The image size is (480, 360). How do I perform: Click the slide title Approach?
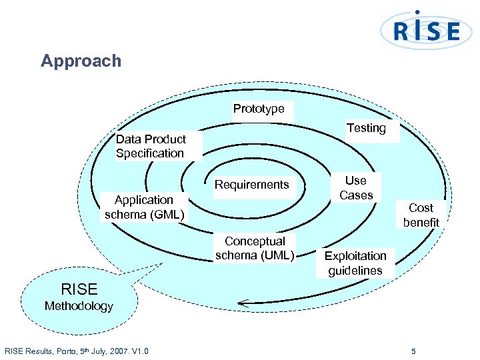click(x=81, y=61)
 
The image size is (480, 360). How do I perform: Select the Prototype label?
click(x=259, y=109)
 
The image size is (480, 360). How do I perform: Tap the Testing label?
click(x=366, y=128)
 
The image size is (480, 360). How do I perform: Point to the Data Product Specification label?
click(x=151, y=146)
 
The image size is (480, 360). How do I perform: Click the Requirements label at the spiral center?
click(x=251, y=185)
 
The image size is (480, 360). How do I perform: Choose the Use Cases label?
click(x=356, y=188)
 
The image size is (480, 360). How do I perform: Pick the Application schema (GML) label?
click(x=144, y=207)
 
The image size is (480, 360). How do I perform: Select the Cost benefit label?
click(x=421, y=215)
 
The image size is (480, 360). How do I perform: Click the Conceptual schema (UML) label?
click(x=255, y=248)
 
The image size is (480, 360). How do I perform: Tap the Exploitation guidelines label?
click(x=355, y=263)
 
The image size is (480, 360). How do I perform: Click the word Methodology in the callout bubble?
click(x=79, y=307)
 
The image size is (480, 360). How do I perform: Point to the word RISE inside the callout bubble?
click(x=79, y=289)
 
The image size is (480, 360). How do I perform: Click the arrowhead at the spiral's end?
click(x=243, y=304)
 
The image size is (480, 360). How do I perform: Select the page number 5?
click(x=413, y=351)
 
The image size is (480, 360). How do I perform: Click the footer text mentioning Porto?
click(x=77, y=351)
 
